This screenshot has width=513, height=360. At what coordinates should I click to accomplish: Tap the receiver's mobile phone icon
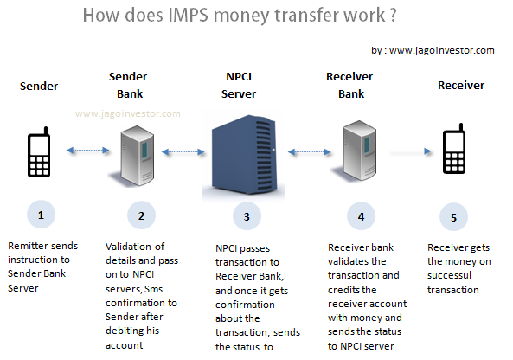[x=454, y=149]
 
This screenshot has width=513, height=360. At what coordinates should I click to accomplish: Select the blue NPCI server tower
[x=243, y=155]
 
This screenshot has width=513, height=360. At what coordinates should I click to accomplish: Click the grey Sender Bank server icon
[x=137, y=156]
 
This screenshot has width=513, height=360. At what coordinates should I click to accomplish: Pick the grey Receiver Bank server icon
[x=359, y=151]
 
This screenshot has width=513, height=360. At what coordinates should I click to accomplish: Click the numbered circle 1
[x=41, y=215]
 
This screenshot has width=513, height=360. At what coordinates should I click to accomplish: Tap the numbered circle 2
[x=141, y=215]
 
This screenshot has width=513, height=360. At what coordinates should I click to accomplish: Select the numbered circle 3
[x=247, y=216]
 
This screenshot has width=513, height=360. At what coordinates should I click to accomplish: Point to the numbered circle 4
[x=361, y=216]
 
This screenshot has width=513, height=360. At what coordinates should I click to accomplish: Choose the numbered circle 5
[x=453, y=217]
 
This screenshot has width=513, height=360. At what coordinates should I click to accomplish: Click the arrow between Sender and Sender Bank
[x=87, y=151]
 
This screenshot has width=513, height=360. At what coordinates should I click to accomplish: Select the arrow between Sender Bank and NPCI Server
[x=183, y=151]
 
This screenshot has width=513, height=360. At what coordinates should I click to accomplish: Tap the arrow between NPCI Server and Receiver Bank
[x=309, y=151]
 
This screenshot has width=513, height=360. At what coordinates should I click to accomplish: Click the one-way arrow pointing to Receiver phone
[x=409, y=151]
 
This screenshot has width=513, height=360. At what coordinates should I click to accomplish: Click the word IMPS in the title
[x=188, y=15]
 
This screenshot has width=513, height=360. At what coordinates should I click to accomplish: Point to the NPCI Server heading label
[x=239, y=85]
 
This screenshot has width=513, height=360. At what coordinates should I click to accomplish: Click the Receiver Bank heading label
[x=349, y=85]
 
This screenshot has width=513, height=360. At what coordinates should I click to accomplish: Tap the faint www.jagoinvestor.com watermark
[x=127, y=113]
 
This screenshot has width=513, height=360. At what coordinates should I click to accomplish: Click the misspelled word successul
[x=449, y=275]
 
